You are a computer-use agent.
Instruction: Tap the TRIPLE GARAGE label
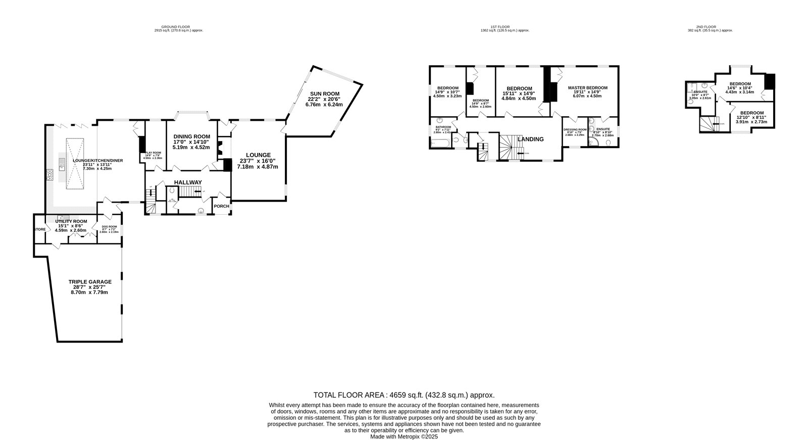(x=90, y=282)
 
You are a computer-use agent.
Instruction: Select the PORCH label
(x=222, y=206)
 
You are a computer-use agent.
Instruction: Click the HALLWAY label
(x=188, y=182)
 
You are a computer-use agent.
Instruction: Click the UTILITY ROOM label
(x=71, y=221)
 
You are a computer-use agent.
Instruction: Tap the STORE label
(x=39, y=229)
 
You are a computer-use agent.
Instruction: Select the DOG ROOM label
(x=109, y=226)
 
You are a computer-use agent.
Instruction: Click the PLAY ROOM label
(x=153, y=153)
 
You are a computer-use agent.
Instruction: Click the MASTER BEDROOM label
(x=587, y=88)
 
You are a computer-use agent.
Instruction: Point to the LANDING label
(x=530, y=139)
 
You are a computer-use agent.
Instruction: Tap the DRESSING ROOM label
(x=575, y=129)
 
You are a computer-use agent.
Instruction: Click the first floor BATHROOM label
(x=443, y=127)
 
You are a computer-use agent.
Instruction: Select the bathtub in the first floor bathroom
(x=439, y=143)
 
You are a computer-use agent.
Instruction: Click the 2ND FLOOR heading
(x=706, y=26)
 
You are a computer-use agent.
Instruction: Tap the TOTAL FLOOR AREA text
(x=404, y=395)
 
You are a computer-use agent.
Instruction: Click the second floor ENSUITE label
(x=700, y=92)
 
